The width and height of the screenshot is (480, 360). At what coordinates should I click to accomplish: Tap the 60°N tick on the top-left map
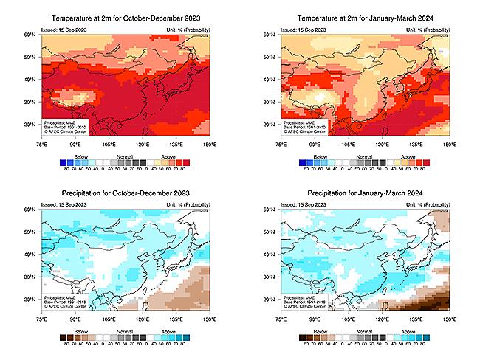click(33, 35)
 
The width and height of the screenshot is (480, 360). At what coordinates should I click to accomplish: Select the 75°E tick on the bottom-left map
click(41, 321)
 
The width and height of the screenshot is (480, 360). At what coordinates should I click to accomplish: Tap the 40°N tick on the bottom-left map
click(33, 255)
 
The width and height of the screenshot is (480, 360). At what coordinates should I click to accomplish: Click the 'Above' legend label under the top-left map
click(169, 156)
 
